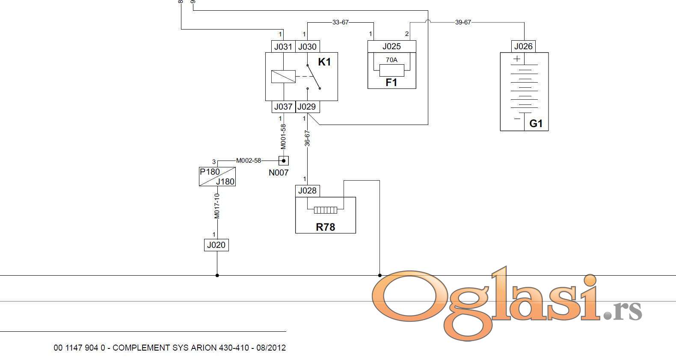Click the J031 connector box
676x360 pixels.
[x=283, y=47]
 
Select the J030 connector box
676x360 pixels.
[x=308, y=47]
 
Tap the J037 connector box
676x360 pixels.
[x=283, y=107]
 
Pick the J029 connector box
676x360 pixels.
[x=308, y=107]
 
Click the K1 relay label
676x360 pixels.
[x=324, y=62]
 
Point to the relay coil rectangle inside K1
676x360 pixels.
[x=283, y=77]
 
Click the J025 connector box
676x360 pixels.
[x=392, y=47]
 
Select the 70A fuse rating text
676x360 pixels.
[x=392, y=60]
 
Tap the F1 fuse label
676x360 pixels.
[x=391, y=83]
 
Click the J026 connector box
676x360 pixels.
[x=524, y=47]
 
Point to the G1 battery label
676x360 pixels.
[x=536, y=124]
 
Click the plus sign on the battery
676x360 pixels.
[x=517, y=59]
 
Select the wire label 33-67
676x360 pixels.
[x=341, y=22]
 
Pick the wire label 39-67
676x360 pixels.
[x=463, y=22]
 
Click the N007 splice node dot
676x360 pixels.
[x=283, y=161]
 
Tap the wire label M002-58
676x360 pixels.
[x=249, y=161]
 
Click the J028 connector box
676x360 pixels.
[x=308, y=191]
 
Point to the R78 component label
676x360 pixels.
[x=325, y=227]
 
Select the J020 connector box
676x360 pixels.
[x=216, y=245]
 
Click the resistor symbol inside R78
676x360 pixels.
[x=325, y=210]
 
